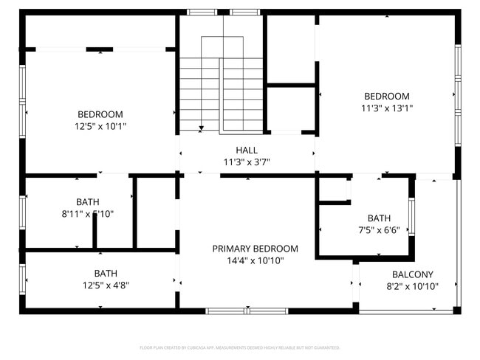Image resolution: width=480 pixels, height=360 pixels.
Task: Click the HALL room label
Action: click(247, 150)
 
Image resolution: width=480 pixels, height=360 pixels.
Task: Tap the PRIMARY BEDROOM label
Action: click(255, 249)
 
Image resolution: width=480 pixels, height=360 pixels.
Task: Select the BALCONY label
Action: click(413, 274)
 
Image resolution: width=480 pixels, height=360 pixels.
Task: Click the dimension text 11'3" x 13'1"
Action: click(387, 108)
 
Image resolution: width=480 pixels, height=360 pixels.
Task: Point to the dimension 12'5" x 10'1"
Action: click(100, 126)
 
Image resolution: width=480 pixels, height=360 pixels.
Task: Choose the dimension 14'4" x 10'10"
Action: click(255, 260)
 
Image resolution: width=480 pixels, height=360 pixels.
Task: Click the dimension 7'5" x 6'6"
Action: click(379, 229)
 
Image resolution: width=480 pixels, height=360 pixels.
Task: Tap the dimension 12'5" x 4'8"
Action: click(105, 285)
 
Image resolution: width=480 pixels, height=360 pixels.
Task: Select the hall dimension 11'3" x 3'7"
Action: click(247, 162)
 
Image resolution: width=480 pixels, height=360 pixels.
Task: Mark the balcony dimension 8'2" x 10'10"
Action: click(413, 286)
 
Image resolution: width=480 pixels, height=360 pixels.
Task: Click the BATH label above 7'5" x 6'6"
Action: click(379, 218)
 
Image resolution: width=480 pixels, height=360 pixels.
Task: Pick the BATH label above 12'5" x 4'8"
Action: click(105, 273)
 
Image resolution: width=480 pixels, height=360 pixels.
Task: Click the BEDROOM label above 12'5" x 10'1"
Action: click(100, 114)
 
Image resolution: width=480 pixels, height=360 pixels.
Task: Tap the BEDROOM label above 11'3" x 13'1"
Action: click(387, 96)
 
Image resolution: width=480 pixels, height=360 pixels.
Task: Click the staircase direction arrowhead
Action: click(201, 129)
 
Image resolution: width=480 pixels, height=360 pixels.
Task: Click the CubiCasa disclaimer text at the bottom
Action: click(240, 347)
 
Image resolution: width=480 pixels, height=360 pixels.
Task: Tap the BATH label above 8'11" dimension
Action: click(87, 201)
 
